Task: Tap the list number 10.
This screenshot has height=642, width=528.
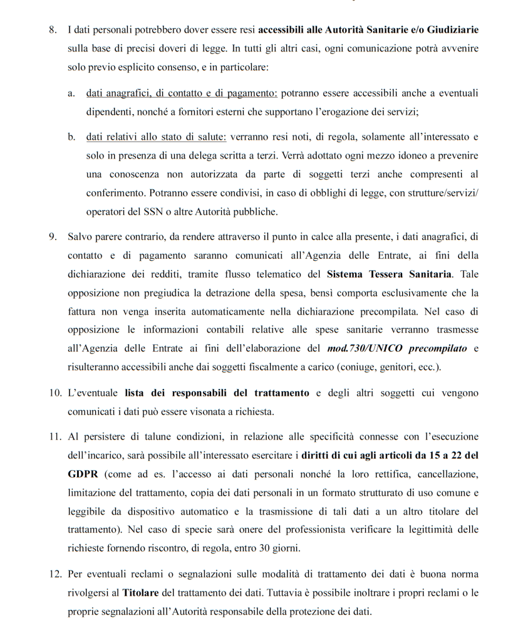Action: click(x=54, y=393)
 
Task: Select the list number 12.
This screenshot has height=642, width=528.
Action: click(x=54, y=575)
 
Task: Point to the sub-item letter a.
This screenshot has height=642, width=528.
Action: click(x=72, y=93)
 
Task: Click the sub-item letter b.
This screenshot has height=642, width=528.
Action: click(x=72, y=137)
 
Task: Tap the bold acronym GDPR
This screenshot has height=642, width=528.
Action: click(x=82, y=473)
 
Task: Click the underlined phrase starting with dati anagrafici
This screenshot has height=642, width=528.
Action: click(x=182, y=93)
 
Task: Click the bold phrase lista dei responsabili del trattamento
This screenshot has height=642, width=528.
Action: click(x=217, y=393)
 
